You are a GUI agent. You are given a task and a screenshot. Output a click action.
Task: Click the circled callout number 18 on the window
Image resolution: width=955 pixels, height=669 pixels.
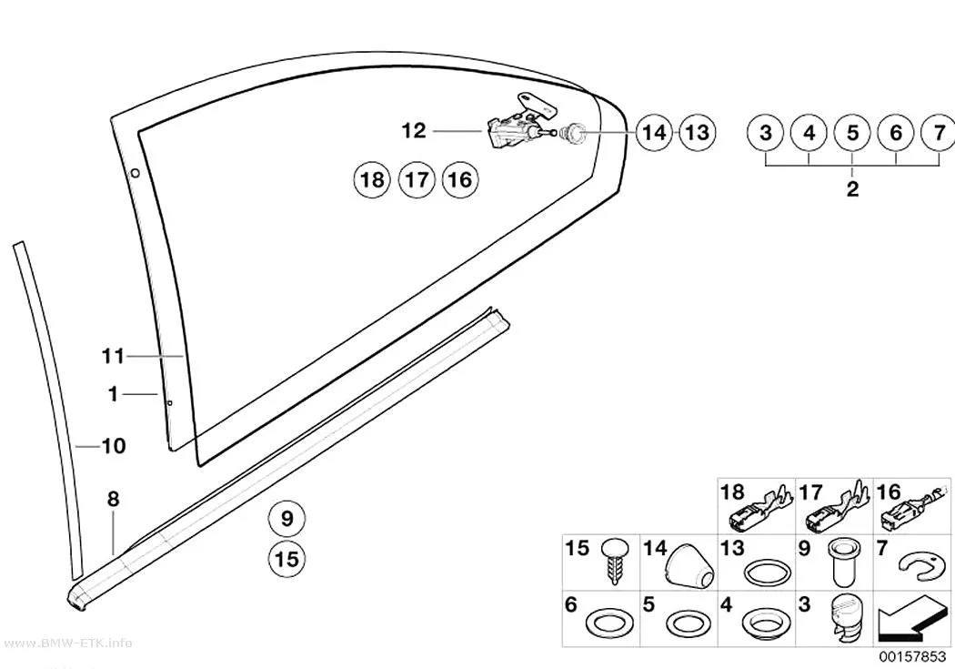tap(372, 179)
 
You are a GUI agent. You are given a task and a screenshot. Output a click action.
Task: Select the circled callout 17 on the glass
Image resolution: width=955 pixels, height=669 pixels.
tap(417, 179)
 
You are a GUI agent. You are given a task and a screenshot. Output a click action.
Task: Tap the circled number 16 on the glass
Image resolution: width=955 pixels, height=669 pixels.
tap(460, 179)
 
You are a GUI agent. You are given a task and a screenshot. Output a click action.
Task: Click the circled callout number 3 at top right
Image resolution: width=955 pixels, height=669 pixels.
tap(766, 132)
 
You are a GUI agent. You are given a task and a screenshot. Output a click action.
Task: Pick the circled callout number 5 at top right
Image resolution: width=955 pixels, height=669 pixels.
tap(853, 132)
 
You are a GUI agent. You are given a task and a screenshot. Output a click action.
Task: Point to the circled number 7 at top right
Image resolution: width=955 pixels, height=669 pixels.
tap(939, 132)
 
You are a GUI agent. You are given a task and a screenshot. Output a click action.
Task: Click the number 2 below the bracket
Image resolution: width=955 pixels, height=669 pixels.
tap(853, 189)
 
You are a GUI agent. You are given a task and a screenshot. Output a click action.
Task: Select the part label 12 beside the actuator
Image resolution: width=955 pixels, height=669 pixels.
tap(414, 130)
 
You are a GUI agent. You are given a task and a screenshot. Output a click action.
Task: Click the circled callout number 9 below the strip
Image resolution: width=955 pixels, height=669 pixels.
tap(286, 519)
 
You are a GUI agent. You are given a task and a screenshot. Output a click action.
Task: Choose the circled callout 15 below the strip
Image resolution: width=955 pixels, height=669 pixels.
tap(286, 559)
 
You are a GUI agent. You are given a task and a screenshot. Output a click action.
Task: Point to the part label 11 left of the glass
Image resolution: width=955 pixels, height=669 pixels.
tap(113, 356)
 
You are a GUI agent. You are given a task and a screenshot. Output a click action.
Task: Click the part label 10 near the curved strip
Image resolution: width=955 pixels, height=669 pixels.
tap(114, 446)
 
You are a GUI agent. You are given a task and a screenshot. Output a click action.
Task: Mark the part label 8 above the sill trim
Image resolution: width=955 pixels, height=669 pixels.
tap(114, 500)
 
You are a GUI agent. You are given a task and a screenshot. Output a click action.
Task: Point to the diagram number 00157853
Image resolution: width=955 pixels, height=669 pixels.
tap(911, 657)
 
